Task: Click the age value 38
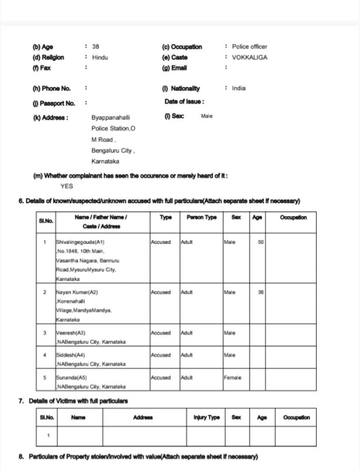(x=96, y=46)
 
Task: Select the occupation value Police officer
(x=249, y=46)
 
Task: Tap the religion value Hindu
(x=100, y=58)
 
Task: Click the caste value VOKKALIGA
(x=250, y=58)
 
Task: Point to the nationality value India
(x=238, y=88)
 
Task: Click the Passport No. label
(x=54, y=103)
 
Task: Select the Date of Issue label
(x=184, y=102)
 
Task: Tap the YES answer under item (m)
(x=67, y=186)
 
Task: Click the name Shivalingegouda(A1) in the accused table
(x=80, y=241)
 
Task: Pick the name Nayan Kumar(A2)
(x=76, y=292)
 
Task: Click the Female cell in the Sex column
(x=233, y=377)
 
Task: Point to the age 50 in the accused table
(x=261, y=241)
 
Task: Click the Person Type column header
(x=201, y=217)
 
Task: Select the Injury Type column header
(x=206, y=418)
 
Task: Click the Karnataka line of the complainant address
(x=105, y=161)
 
